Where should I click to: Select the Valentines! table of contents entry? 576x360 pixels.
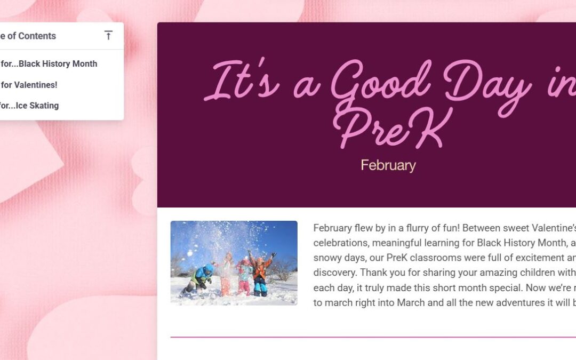[29, 84]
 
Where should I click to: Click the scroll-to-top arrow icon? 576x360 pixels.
[108, 36]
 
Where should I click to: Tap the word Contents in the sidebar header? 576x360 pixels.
[37, 36]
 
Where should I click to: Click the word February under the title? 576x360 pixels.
[388, 165]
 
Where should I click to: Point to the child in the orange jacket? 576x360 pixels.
[260, 275]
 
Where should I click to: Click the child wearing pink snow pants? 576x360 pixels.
[244, 277]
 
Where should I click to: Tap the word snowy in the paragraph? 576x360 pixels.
[327, 258]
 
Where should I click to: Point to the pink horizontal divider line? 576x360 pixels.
[373, 337]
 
